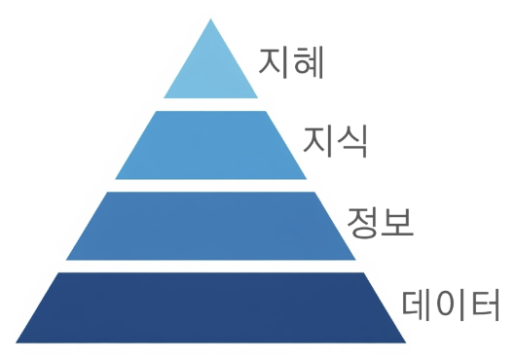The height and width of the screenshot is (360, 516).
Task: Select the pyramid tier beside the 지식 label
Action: click(211, 145)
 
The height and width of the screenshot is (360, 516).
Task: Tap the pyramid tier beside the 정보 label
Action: click(211, 226)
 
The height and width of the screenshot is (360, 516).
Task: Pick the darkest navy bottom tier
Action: click(211, 307)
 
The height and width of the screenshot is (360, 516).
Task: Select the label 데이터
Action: click(451, 305)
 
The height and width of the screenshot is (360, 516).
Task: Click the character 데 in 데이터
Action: click(418, 305)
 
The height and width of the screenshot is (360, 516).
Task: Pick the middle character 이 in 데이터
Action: click(451, 305)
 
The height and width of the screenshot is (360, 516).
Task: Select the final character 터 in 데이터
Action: click(484, 305)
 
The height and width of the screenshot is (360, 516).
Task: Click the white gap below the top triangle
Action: click(211, 104)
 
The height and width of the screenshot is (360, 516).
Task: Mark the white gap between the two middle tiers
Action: click(211, 185)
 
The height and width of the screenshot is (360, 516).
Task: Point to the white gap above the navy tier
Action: click(211, 266)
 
